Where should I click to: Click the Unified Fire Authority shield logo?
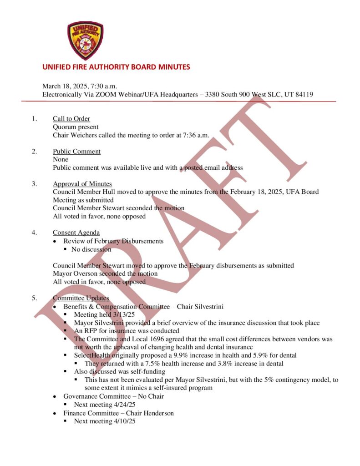(x=85, y=41)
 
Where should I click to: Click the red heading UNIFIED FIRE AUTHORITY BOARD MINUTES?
(x=116, y=67)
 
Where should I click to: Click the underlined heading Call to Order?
(x=71, y=119)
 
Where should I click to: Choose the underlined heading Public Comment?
(x=76, y=151)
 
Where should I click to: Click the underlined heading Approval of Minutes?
(x=82, y=184)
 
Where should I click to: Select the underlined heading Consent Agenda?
(x=76, y=233)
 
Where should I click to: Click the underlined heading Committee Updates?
(x=81, y=298)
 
